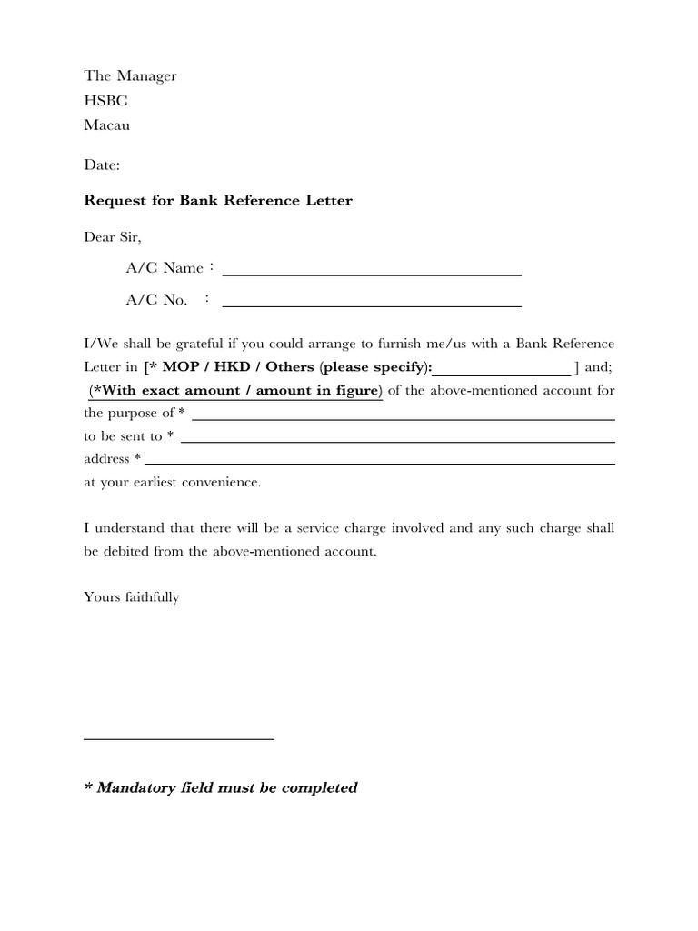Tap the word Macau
click(106, 125)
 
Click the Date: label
click(101, 166)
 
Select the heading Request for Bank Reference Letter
click(217, 200)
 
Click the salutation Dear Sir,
click(113, 236)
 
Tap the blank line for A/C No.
click(372, 304)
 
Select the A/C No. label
click(157, 300)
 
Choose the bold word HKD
click(229, 368)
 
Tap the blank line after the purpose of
click(403, 418)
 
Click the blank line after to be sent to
click(398, 441)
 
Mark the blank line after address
click(380, 463)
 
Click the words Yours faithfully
click(132, 597)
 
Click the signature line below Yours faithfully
click(179, 738)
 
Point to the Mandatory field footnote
click(220, 787)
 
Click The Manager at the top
click(130, 76)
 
